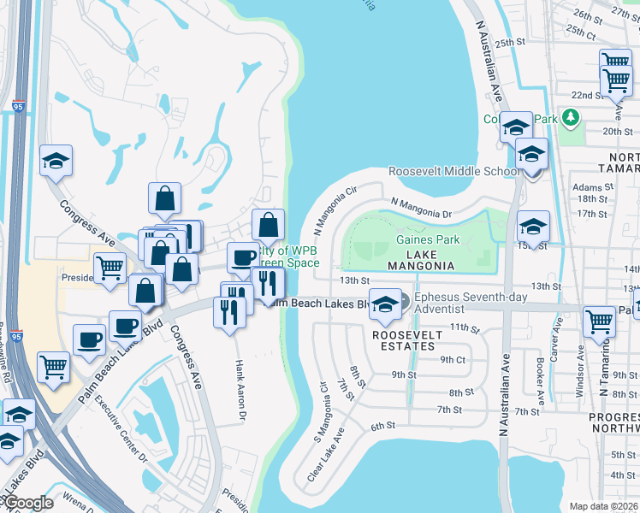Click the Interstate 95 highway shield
[18, 108]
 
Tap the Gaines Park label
[429, 240]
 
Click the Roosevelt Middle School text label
[453, 172]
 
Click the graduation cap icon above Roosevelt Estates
[385, 304]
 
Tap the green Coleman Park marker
[568, 117]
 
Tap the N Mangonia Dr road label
[420, 207]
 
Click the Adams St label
[588, 186]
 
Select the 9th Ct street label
[453, 360]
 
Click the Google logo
[28, 503]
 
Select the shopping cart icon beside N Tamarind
[599, 321]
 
